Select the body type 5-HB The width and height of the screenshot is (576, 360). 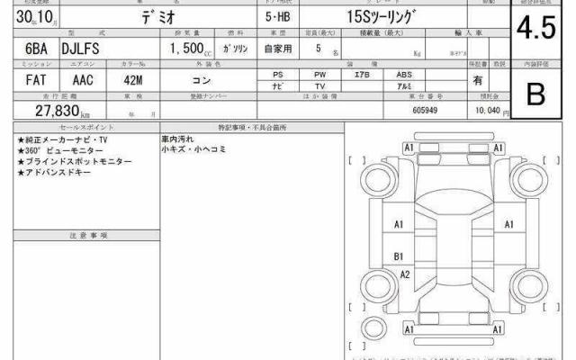(279, 17)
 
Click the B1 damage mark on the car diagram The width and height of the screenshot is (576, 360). (398, 256)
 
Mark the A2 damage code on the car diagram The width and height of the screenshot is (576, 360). (405, 274)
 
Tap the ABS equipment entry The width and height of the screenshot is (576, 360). (404, 75)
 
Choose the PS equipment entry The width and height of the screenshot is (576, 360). (279, 75)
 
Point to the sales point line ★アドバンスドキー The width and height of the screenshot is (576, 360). (53, 171)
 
